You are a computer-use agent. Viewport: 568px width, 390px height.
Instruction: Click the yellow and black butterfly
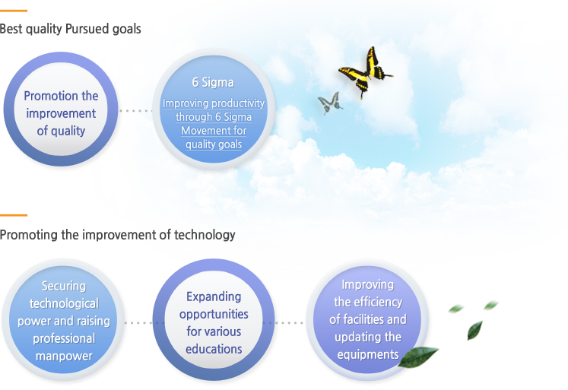365,73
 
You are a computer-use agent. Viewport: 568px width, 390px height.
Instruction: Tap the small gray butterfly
330,103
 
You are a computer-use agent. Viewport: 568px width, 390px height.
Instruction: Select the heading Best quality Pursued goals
70,29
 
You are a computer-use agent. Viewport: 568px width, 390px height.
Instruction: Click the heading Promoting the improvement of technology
117,235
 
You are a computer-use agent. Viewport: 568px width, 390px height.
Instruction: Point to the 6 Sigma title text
213,82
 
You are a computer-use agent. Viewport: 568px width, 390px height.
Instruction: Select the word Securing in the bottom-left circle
64,286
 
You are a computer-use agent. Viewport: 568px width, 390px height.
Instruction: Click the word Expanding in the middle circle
214,296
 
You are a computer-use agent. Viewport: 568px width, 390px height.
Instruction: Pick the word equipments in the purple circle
368,354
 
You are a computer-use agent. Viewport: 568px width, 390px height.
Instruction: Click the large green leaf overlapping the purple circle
417,357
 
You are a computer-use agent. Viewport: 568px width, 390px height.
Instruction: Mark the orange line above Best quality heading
14,11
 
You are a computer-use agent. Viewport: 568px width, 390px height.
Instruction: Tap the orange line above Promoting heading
14,215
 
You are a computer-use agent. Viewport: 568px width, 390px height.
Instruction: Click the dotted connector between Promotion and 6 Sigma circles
136,111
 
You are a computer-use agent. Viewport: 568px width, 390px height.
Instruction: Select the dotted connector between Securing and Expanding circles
138,322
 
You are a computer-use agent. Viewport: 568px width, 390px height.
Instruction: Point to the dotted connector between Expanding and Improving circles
289,322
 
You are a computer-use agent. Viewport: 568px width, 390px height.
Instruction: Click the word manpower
64,356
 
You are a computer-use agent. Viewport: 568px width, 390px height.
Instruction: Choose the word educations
214,349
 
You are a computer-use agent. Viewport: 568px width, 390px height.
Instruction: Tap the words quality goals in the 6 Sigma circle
214,144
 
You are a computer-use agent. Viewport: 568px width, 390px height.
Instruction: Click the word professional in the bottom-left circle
64,338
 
